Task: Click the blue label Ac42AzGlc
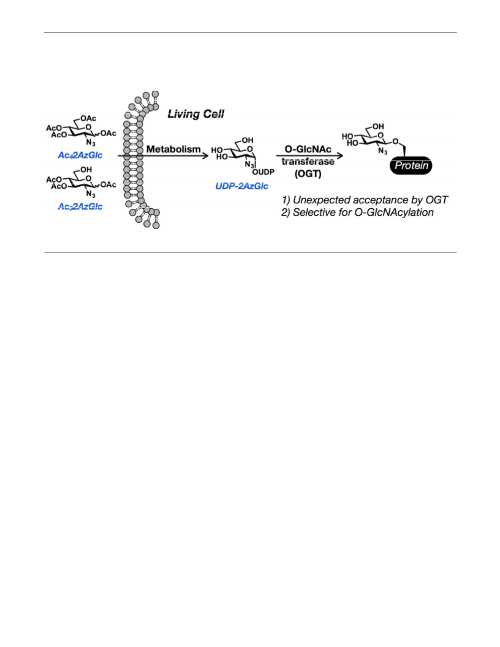[80, 155]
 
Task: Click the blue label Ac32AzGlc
[80, 206]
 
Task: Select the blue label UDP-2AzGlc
[242, 186]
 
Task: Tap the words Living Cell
[195, 114]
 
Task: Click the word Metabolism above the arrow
[173, 149]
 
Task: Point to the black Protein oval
[411, 166]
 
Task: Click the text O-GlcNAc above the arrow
[308, 149]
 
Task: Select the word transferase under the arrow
[308, 161]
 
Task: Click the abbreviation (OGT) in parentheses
[308, 174]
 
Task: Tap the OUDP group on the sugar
[263, 172]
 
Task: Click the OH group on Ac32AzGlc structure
[86, 170]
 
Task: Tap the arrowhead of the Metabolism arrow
[205, 156]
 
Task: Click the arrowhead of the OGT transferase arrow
[339, 156]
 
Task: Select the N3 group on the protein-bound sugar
[383, 151]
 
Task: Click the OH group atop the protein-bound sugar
[378, 126]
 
